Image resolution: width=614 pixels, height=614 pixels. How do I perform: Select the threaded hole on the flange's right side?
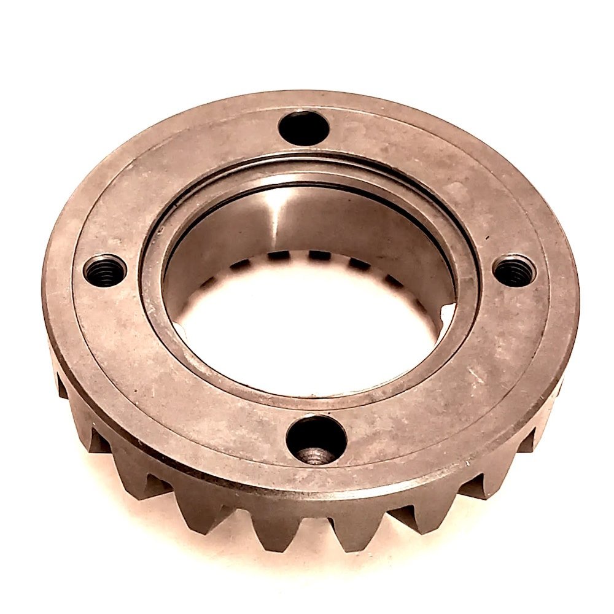(x=513, y=271)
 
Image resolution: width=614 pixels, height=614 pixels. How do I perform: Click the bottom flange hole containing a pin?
(x=316, y=441)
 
